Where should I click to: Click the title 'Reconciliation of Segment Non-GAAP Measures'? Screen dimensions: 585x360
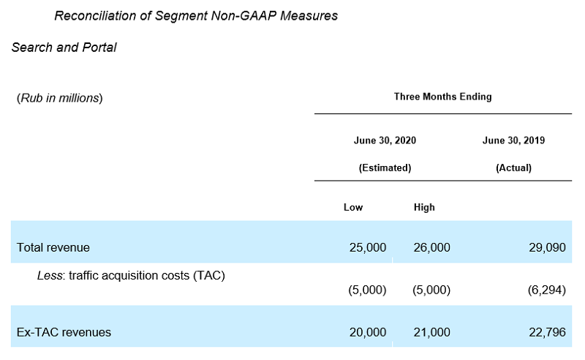pyautogui.click(x=196, y=15)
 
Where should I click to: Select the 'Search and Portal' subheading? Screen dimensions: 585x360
pyautogui.click(x=64, y=48)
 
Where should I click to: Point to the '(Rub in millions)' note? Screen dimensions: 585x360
pyautogui.click(x=60, y=98)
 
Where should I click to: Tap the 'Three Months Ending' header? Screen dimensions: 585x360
pyautogui.click(x=443, y=97)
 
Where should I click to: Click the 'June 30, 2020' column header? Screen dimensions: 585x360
pyautogui.click(x=385, y=140)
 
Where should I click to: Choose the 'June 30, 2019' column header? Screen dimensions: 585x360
pyautogui.click(x=513, y=140)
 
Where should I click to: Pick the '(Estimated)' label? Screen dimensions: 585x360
pyautogui.click(x=385, y=168)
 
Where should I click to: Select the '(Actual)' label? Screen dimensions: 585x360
pyautogui.click(x=513, y=168)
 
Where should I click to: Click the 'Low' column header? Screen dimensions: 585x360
pyautogui.click(x=353, y=207)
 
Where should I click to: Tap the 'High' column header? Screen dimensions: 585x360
pyautogui.click(x=424, y=207)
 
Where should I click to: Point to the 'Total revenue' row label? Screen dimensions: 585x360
pyautogui.click(x=53, y=247)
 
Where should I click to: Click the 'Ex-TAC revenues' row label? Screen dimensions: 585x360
pyautogui.click(x=64, y=332)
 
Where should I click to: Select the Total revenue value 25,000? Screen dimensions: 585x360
pyautogui.click(x=368, y=247)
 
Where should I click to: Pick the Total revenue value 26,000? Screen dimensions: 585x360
pyautogui.click(x=431, y=247)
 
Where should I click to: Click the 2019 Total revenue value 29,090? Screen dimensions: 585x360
pyautogui.click(x=547, y=247)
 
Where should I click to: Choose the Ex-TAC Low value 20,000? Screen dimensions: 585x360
pyautogui.click(x=368, y=332)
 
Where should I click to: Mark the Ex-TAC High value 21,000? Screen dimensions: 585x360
pyautogui.click(x=431, y=332)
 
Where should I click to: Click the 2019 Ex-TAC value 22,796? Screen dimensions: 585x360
pyautogui.click(x=547, y=332)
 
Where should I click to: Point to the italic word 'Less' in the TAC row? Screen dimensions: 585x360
pyautogui.click(x=49, y=276)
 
